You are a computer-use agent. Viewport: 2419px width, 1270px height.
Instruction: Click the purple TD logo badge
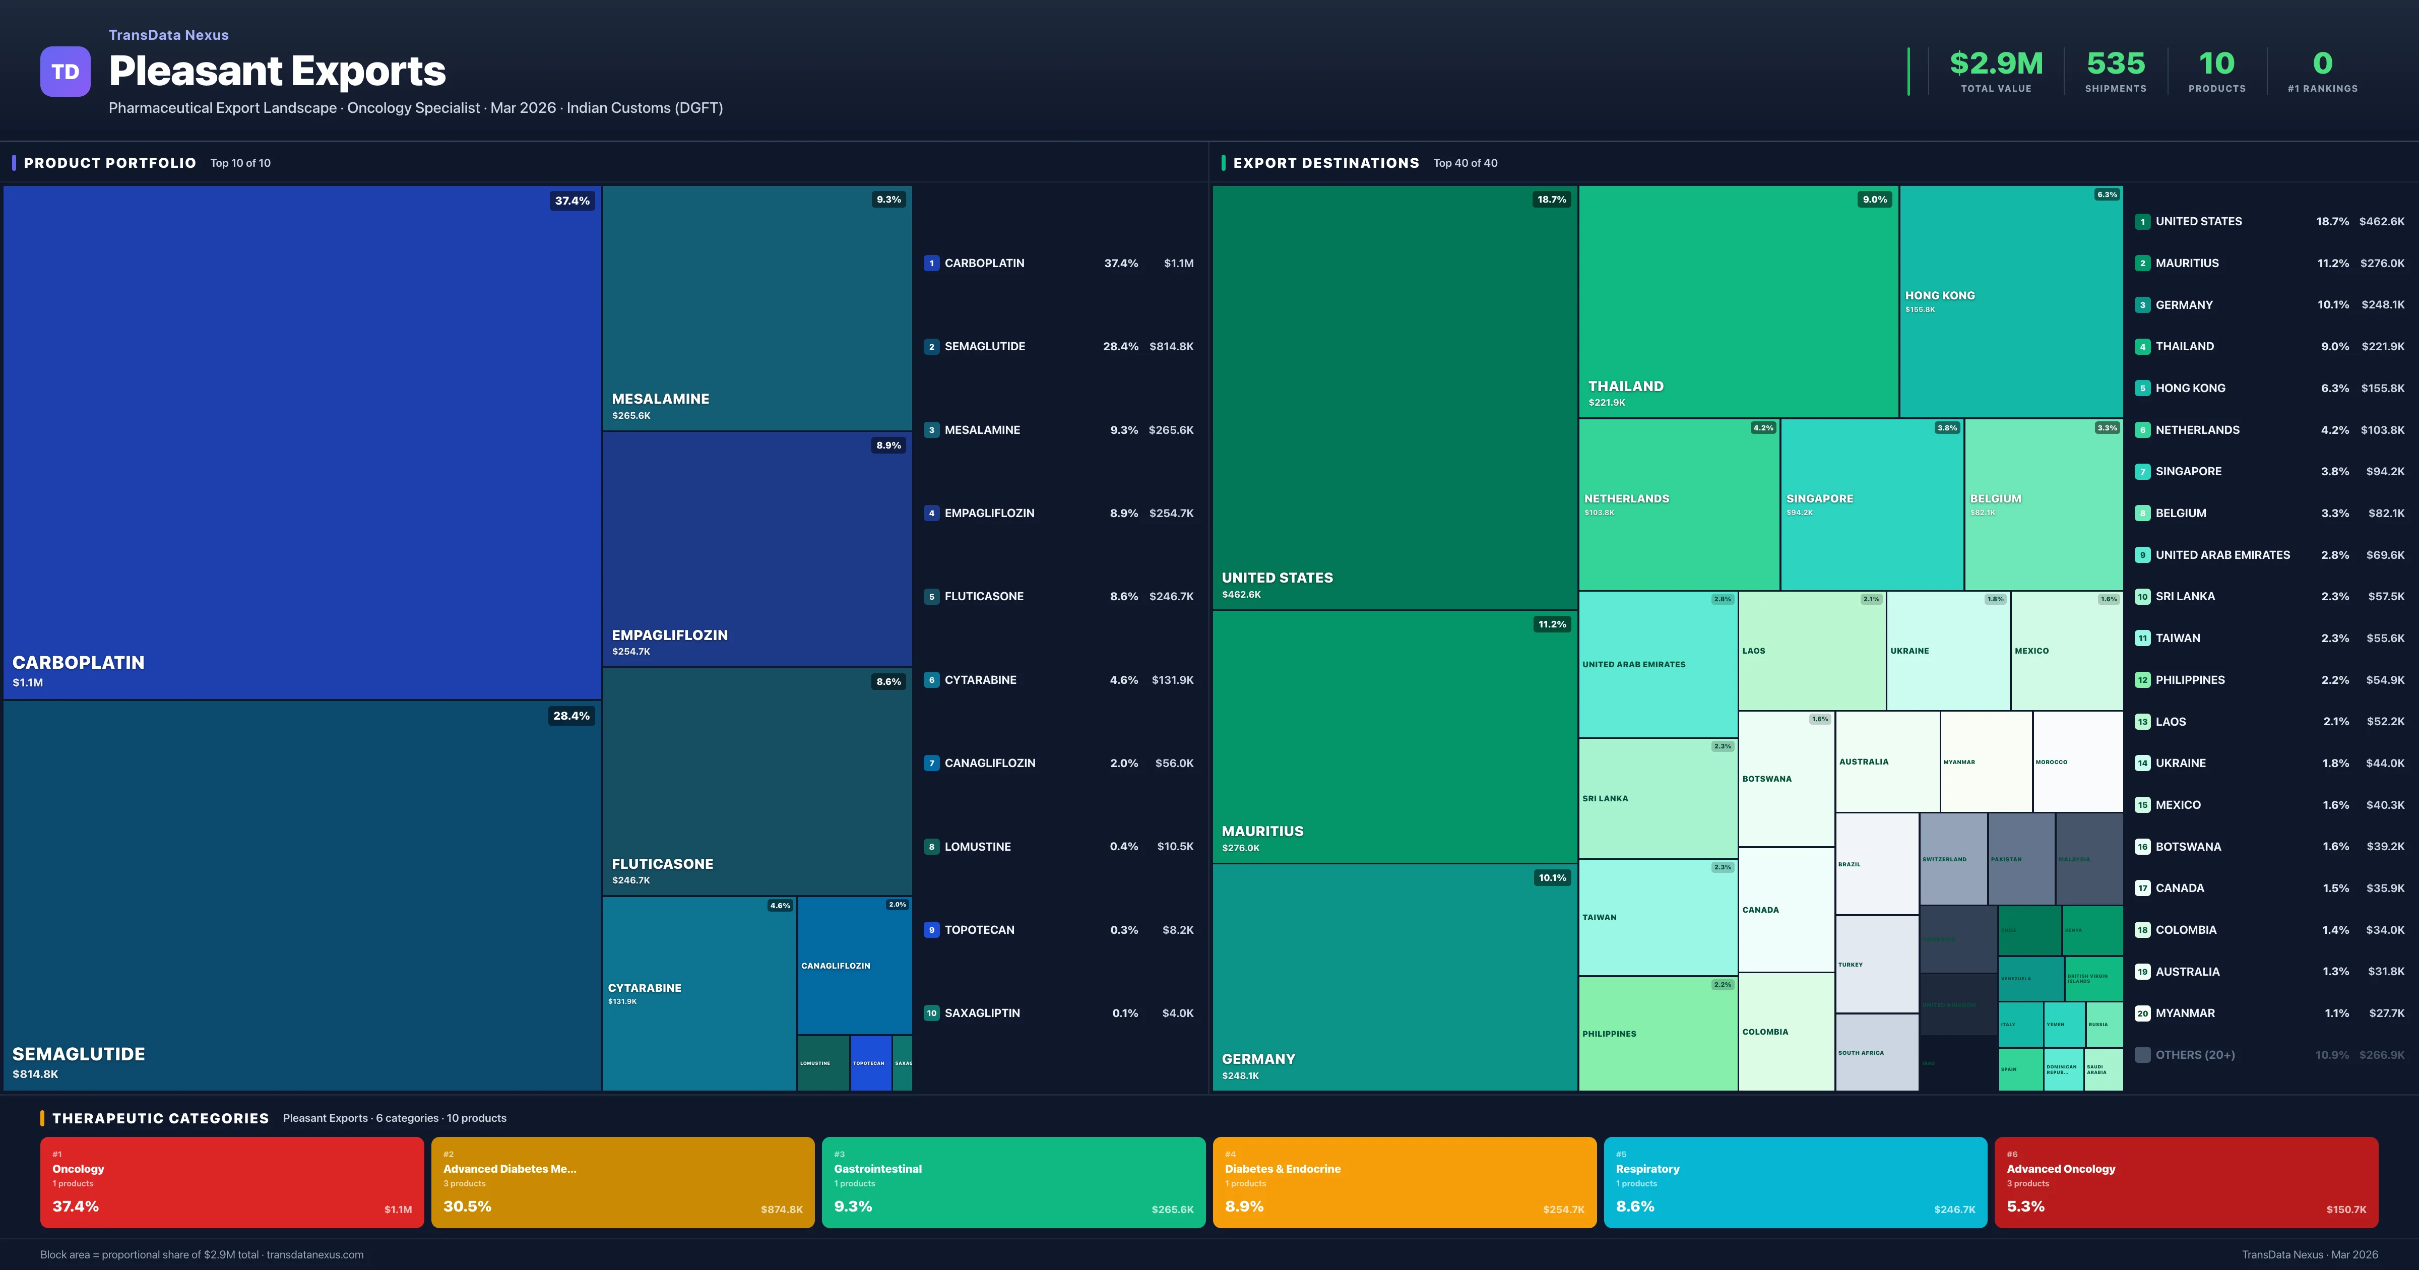tap(65, 72)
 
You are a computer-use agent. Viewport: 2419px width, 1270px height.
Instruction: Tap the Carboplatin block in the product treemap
tap(301, 441)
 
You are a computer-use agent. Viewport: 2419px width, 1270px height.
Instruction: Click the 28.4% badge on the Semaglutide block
tap(571, 716)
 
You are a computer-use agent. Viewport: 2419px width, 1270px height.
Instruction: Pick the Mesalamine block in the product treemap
tap(757, 308)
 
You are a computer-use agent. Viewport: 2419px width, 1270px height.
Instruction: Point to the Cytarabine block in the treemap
tap(698, 993)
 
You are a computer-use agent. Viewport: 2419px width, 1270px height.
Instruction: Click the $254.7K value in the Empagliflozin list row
tap(1171, 513)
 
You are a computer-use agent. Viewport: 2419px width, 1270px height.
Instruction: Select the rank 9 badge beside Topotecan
tap(931, 930)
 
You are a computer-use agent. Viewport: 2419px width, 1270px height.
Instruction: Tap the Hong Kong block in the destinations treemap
tap(2010, 300)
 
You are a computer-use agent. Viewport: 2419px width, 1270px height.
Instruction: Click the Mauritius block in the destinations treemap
tap(1394, 736)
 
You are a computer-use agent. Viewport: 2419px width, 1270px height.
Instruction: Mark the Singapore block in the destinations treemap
tap(1872, 504)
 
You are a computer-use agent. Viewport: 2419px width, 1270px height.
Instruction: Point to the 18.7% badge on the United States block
tap(1551, 199)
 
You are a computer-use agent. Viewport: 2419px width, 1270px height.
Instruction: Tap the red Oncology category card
tap(232, 1182)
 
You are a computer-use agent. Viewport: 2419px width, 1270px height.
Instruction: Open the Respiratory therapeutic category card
tap(1795, 1182)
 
